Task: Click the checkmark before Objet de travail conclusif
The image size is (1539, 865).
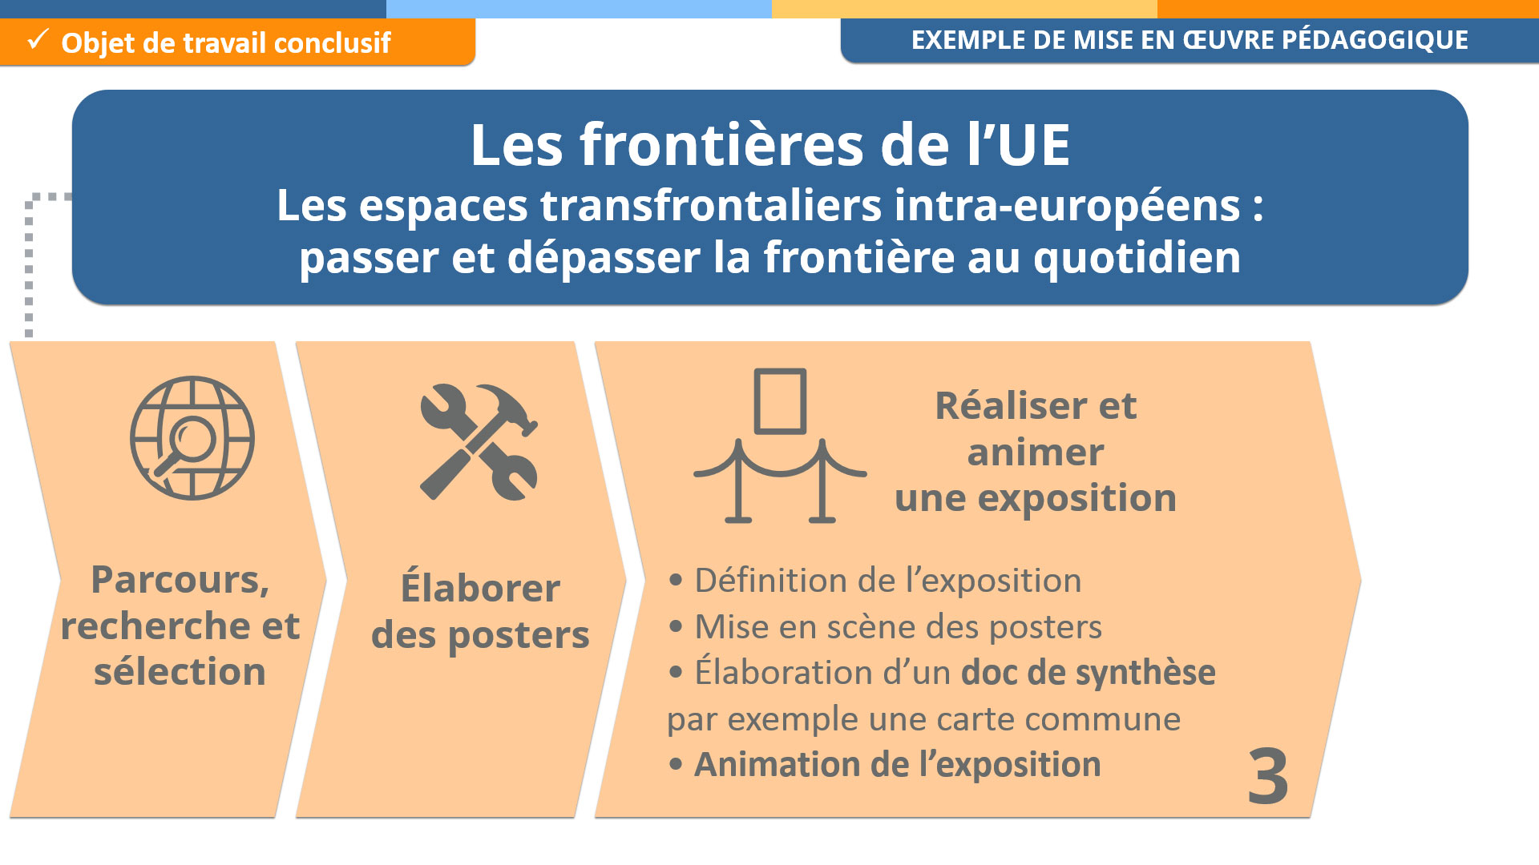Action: [38, 39]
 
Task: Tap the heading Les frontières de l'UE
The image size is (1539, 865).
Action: [769, 145]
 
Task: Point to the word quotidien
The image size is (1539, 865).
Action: [1137, 258]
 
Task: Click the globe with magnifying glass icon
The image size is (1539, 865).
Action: [192, 438]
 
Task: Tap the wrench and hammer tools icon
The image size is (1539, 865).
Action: [479, 442]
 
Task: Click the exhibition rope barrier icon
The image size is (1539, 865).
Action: [780, 445]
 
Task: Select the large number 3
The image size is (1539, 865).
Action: [1268, 776]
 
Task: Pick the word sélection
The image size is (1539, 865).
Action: [180, 671]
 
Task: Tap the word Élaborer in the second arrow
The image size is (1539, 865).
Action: [480, 587]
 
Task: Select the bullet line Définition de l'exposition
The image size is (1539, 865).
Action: [875, 581]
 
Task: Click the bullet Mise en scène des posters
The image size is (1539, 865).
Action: [885, 627]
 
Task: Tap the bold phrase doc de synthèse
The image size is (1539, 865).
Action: [1089, 673]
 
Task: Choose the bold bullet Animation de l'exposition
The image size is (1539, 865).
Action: [885, 766]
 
